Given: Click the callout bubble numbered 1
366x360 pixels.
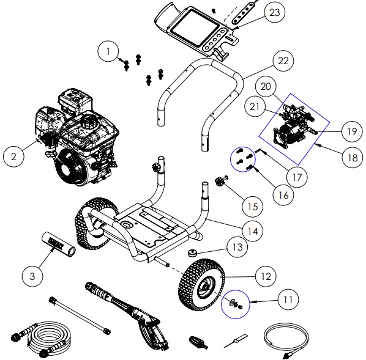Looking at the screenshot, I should click(110, 53).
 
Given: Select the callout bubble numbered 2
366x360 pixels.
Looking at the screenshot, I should click(17, 156).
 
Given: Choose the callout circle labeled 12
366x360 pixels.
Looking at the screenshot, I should click(265, 277).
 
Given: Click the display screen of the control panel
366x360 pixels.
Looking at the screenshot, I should click(192, 29).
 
